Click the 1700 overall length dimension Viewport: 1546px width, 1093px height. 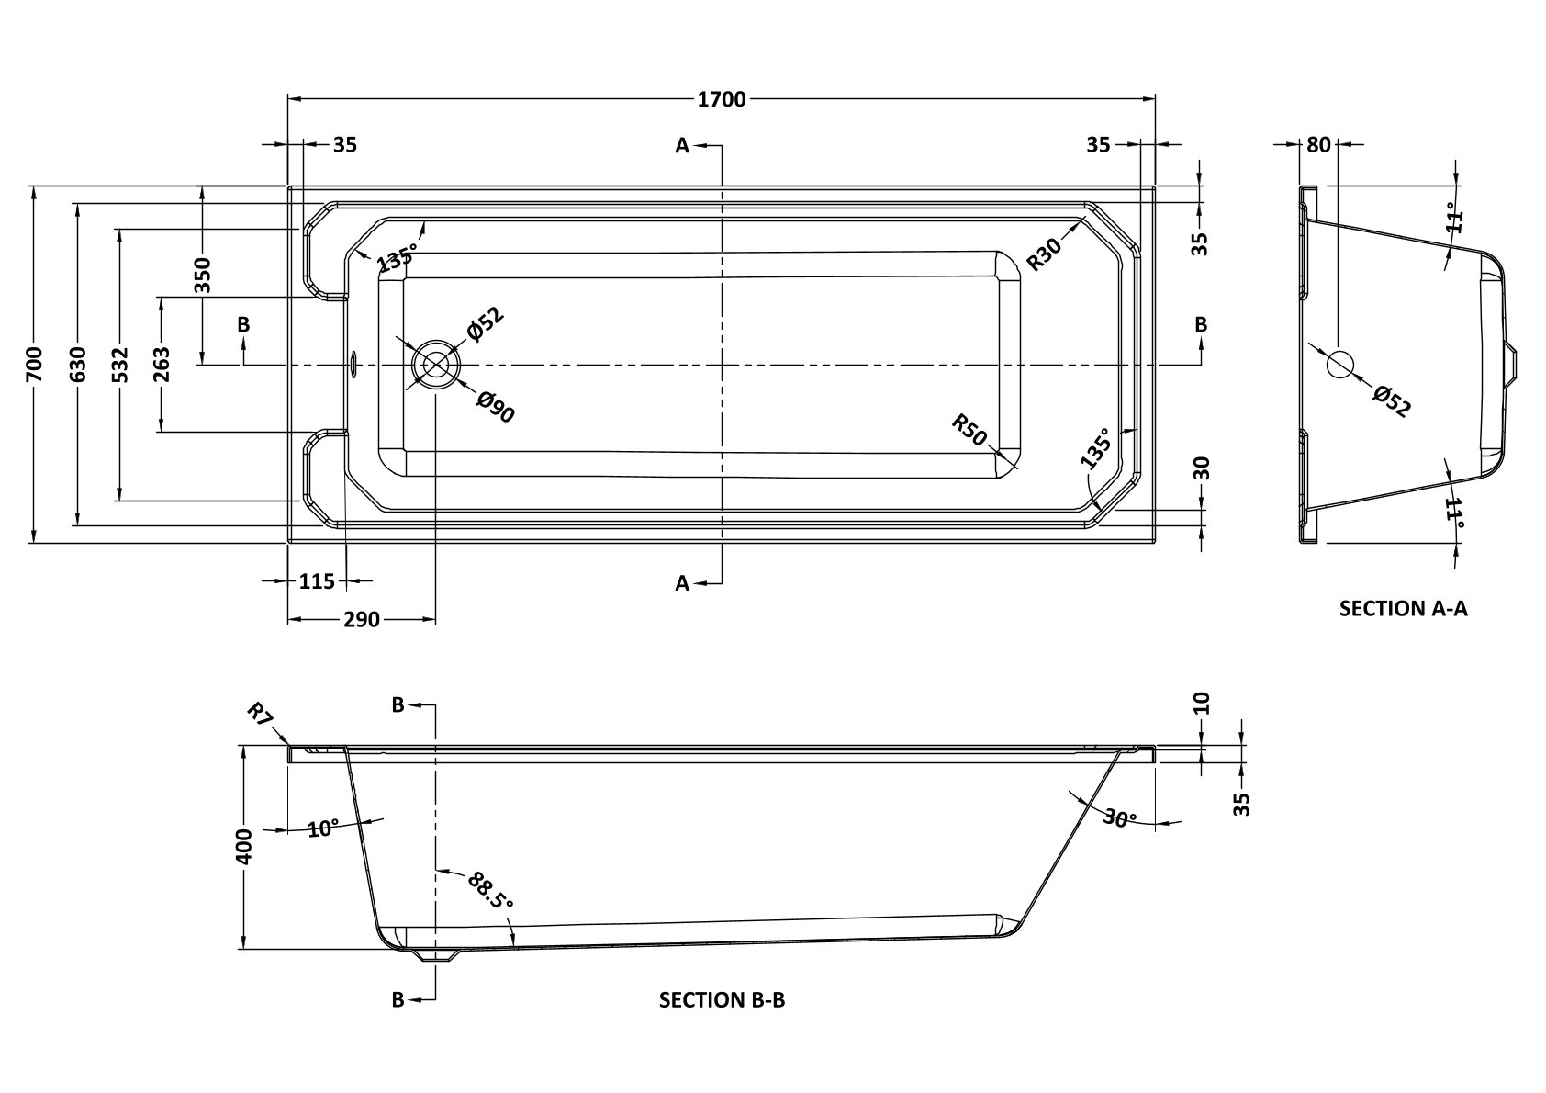point(722,99)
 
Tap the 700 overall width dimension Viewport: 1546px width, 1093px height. point(34,365)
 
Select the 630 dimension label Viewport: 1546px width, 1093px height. point(77,365)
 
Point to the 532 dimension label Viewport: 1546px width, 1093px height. point(120,365)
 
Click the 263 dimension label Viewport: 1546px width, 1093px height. point(162,365)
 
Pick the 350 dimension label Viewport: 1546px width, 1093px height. point(203,275)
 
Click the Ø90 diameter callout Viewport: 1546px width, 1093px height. point(496,407)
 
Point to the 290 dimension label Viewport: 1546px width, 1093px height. point(362,620)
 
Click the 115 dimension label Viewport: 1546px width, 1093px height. point(317,580)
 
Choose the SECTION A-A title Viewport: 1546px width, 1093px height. point(1403,608)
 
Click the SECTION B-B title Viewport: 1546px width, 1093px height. point(722,1000)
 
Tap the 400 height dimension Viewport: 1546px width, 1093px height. point(244,846)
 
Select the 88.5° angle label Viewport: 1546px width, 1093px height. point(489,889)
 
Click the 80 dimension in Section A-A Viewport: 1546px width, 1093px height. point(1318,144)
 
